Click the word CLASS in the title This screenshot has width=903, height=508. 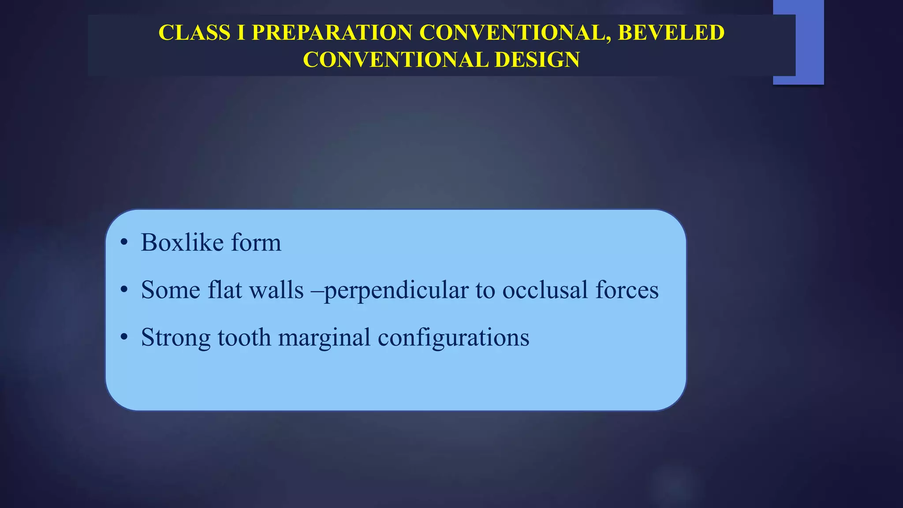(x=194, y=33)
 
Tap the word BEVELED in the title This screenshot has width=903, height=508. (x=671, y=33)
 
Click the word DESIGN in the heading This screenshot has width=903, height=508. (x=537, y=60)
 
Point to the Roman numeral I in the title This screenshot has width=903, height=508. (x=241, y=33)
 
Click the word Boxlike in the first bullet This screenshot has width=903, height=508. (x=182, y=243)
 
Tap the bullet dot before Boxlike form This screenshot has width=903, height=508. (x=124, y=243)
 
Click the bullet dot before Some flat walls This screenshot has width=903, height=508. (x=124, y=290)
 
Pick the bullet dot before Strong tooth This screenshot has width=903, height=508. (x=124, y=337)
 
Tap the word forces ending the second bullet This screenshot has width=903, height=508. (x=627, y=290)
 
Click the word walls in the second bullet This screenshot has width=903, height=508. (x=276, y=290)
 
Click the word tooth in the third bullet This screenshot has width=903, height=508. (x=244, y=337)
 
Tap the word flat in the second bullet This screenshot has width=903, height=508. (x=224, y=290)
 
